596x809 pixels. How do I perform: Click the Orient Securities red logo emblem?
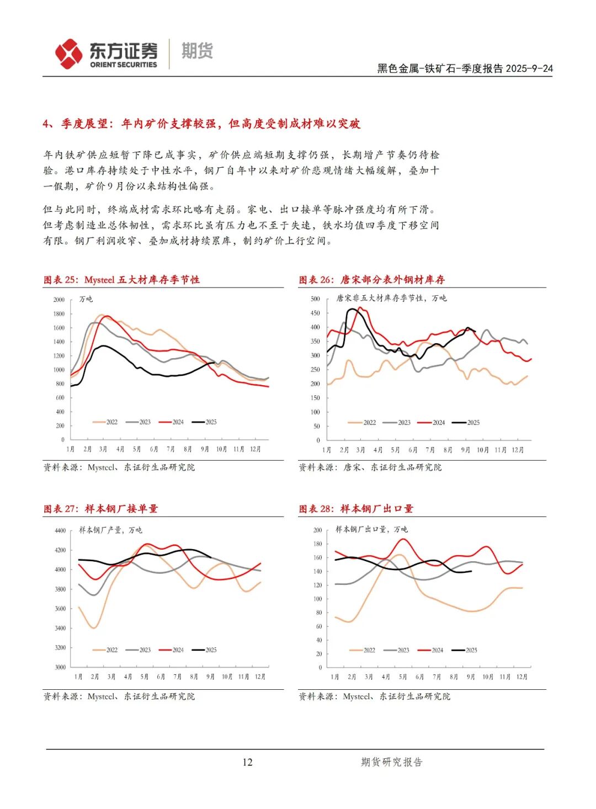click(69, 54)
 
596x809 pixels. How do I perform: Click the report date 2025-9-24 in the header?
click(529, 68)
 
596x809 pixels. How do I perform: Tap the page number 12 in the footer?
click(247, 762)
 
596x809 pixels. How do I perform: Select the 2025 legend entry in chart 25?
click(205, 422)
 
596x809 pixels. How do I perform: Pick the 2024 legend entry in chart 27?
click(172, 650)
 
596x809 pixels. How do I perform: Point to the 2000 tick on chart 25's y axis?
click(59, 300)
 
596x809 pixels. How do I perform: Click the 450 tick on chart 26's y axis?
click(315, 313)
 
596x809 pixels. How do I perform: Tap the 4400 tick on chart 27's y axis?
click(60, 531)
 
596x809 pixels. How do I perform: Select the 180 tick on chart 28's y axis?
click(317, 544)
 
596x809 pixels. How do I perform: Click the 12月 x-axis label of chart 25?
click(256, 449)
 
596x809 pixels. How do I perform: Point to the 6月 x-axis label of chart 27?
click(161, 677)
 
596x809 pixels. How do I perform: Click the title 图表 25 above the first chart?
click(121, 280)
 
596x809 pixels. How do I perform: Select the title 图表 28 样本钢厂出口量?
click(356, 509)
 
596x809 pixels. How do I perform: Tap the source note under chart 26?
click(370, 467)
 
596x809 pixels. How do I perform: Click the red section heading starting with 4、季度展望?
click(201, 124)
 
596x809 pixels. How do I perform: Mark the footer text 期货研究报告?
click(391, 762)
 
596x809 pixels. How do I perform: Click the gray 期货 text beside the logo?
click(197, 51)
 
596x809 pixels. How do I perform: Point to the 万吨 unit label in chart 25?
click(86, 299)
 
